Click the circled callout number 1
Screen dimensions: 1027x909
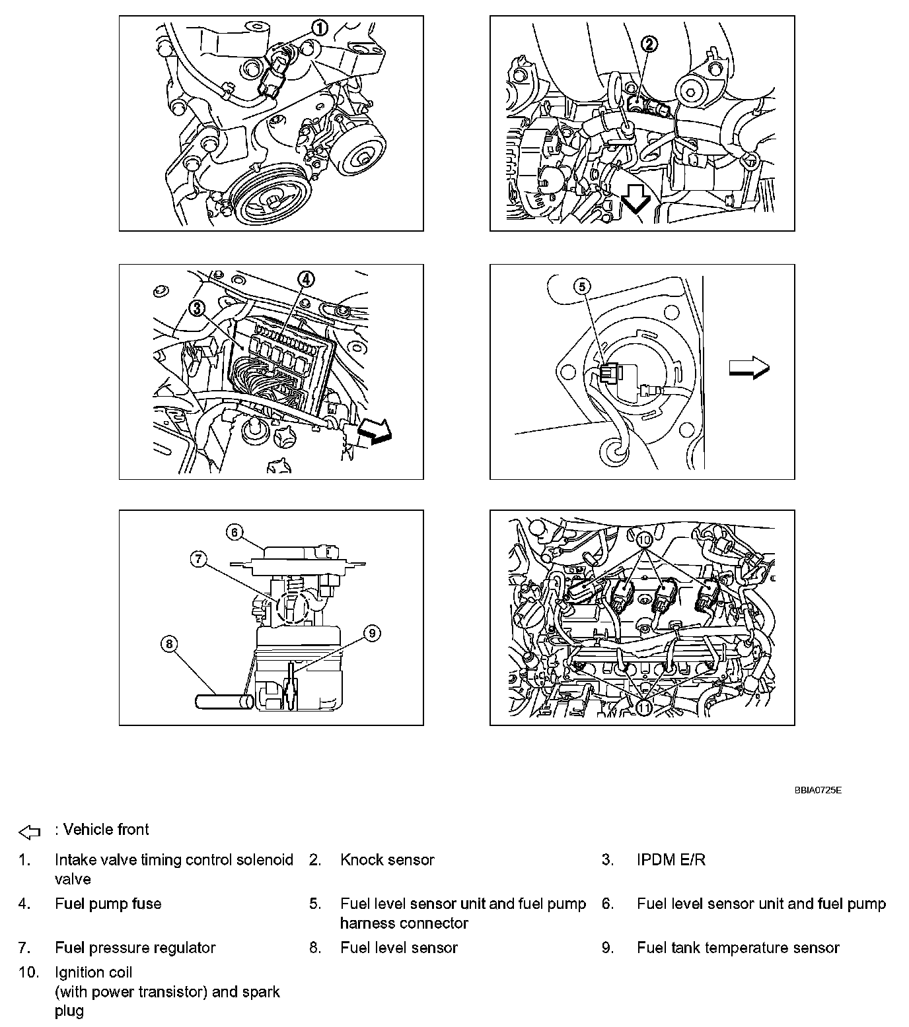(x=319, y=28)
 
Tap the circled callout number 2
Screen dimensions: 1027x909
(x=649, y=44)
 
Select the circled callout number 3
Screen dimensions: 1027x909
(x=195, y=308)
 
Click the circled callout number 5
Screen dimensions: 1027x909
(x=582, y=286)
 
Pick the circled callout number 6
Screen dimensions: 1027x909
(x=235, y=531)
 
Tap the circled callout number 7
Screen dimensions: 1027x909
(x=199, y=560)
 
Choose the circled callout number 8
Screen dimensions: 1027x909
(x=170, y=644)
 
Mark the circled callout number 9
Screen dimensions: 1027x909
(x=372, y=634)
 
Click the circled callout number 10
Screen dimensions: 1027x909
(x=645, y=539)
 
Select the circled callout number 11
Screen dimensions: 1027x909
(x=644, y=707)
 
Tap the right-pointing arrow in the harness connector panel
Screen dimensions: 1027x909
(x=749, y=368)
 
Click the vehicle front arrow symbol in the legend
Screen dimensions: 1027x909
(x=30, y=832)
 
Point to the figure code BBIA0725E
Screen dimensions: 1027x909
(x=818, y=790)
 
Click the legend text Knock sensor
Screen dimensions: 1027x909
(x=387, y=860)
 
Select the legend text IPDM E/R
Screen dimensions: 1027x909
(x=671, y=860)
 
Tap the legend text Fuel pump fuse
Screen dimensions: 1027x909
(x=108, y=904)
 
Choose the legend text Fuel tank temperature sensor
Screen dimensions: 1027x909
(x=738, y=948)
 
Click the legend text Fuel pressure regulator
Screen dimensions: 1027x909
(x=135, y=948)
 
